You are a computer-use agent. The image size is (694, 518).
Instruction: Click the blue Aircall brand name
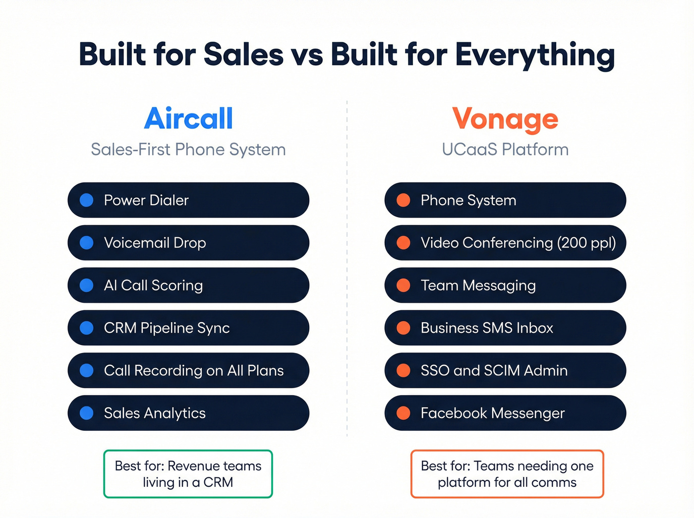[188, 119]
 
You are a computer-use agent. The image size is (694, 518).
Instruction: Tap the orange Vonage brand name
[505, 119]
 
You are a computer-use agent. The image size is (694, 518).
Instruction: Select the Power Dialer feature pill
[188, 200]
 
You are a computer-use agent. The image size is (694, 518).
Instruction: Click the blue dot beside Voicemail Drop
[87, 243]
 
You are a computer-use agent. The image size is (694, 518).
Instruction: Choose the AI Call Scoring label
[153, 286]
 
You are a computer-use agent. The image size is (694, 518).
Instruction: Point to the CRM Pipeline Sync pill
[188, 328]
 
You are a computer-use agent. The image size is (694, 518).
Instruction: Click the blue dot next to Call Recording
[87, 371]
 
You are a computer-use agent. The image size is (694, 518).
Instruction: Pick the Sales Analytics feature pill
[188, 413]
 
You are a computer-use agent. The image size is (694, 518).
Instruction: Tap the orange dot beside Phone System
[404, 200]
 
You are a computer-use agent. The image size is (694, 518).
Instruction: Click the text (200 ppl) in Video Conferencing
[586, 243]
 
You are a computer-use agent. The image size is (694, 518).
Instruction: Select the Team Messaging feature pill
[505, 286]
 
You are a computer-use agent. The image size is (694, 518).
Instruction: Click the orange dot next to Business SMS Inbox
[404, 328]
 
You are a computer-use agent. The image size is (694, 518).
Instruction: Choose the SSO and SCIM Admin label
[494, 371]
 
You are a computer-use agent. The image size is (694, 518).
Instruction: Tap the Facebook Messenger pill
[505, 413]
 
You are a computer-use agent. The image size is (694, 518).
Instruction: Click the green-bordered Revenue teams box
[188, 474]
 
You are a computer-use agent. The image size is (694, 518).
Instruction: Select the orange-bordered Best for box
[507, 474]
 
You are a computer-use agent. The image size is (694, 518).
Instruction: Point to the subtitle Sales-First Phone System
[188, 150]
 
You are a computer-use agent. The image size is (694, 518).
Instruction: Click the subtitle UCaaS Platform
[505, 150]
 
